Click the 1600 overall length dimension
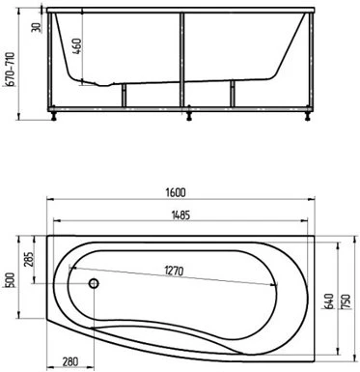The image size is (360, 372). pyautogui.click(x=176, y=192)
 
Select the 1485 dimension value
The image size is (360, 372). pyautogui.click(x=180, y=215)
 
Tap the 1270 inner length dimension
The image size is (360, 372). pyautogui.click(x=174, y=271)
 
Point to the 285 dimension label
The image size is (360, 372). pyautogui.click(x=29, y=259)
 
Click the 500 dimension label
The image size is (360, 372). pyautogui.click(x=11, y=280)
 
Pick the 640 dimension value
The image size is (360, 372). pyautogui.click(x=329, y=301)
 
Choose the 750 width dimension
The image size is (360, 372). pyautogui.click(x=346, y=301)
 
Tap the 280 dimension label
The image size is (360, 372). pyautogui.click(x=69, y=361)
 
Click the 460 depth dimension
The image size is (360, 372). pyautogui.click(x=76, y=46)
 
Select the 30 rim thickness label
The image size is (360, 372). pyautogui.click(x=37, y=27)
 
